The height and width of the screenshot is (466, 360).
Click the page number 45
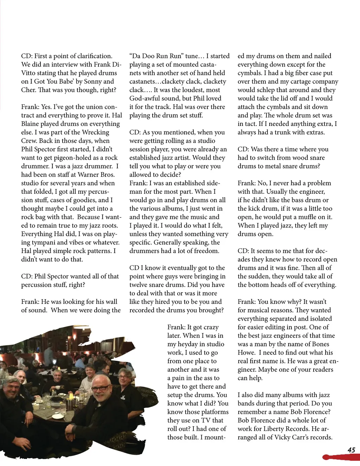point(351,450)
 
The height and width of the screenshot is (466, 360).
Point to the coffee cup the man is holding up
point(54,387)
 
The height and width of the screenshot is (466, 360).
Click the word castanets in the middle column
point(142,82)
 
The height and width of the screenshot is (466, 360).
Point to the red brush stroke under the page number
point(341,457)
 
